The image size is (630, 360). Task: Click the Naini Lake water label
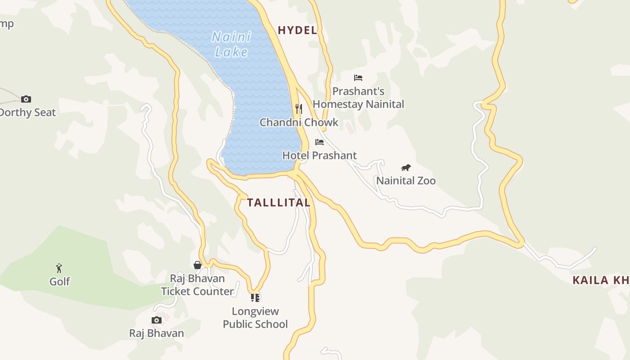coord(231,45)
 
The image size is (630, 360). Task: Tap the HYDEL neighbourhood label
coord(297,31)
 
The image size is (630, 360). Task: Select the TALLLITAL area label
coord(279,202)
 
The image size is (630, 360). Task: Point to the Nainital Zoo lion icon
coord(406,168)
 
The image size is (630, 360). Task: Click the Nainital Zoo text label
coord(406,181)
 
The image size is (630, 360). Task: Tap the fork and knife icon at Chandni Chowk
coord(298,108)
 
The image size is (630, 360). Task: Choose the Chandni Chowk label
coord(299,122)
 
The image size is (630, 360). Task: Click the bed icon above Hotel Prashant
coord(319,142)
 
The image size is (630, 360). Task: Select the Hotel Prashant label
coord(319,156)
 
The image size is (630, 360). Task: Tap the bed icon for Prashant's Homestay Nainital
coord(358,78)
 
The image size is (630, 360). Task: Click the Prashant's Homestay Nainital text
coord(358,98)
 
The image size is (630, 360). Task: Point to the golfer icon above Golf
coord(59,268)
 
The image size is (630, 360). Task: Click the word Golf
coord(59,282)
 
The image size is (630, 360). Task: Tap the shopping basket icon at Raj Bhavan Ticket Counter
coord(197,265)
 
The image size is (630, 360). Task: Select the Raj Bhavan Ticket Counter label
coord(197,285)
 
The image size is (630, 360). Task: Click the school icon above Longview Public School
coord(255,297)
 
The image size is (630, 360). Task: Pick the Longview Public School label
coord(255,318)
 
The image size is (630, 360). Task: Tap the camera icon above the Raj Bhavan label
coord(157,320)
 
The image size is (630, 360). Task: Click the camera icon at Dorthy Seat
coord(26,99)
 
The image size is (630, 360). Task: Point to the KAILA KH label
coord(601,280)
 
